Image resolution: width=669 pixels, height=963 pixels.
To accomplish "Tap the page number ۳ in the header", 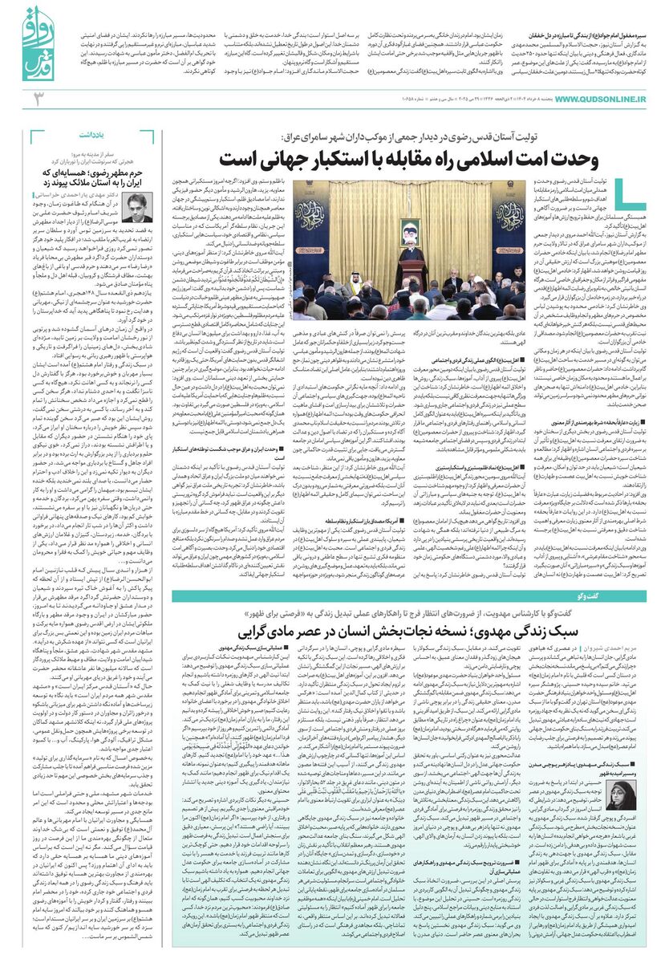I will [x=37, y=99].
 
